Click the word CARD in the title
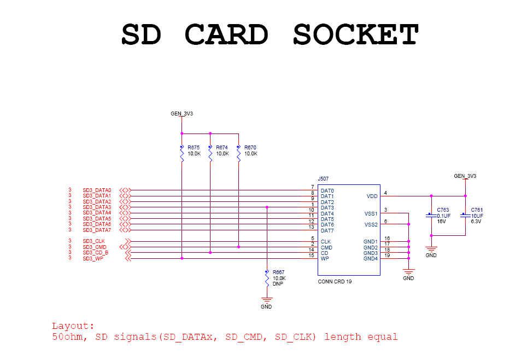click(227, 35)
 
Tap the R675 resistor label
click(194, 148)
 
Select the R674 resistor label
click(222, 148)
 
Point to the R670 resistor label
click(250, 148)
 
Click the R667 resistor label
click(279, 272)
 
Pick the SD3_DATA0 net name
click(97, 190)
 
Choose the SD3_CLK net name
click(94, 241)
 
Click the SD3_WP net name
click(93, 258)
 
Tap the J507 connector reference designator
click(323, 179)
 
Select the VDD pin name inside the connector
click(371, 196)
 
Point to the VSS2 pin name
click(371, 224)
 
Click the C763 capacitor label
click(443, 210)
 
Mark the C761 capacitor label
click(477, 210)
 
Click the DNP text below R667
click(277, 284)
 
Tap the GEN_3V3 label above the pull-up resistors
click(182, 114)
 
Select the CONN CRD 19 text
click(335, 282)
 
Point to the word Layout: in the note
click(73, 326)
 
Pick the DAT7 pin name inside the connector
click(327, 230)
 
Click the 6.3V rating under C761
click(476, 222)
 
